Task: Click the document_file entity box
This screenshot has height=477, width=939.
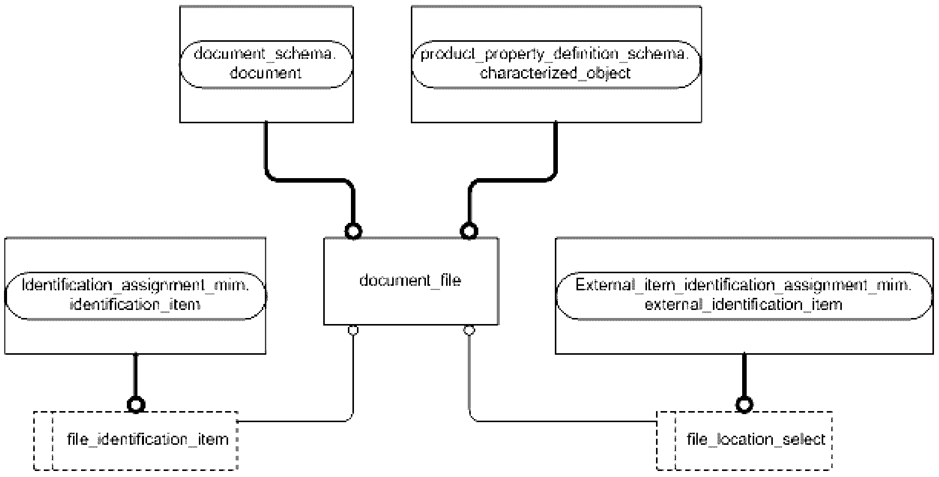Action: tap(411, 281)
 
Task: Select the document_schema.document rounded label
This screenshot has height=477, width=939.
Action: tap(266, 64)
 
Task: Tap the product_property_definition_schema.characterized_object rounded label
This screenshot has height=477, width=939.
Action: tap(556, 64)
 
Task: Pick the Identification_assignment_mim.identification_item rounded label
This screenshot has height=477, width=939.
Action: tap(135, 295)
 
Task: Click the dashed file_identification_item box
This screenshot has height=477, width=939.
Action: tap(135, 441)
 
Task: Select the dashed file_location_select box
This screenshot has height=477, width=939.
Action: tap(744, 441)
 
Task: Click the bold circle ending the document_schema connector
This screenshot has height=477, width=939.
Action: tap(353, 231)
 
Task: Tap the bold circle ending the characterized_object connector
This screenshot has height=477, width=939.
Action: tap(469, 231)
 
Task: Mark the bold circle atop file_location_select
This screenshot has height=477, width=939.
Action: tap(744, 405)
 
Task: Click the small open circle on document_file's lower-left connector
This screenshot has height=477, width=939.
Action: tap(353, 330)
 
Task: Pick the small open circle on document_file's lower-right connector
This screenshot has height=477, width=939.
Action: tap(469, 330)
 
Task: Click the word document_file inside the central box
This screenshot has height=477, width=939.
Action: tap(410, 280)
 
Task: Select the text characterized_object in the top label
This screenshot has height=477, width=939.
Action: tap(555, 73)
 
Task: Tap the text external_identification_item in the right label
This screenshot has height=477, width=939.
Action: tap(744, 305)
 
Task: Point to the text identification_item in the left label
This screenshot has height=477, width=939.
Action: tap(135, 305)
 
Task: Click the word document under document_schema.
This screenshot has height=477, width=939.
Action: tap(266, 73)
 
